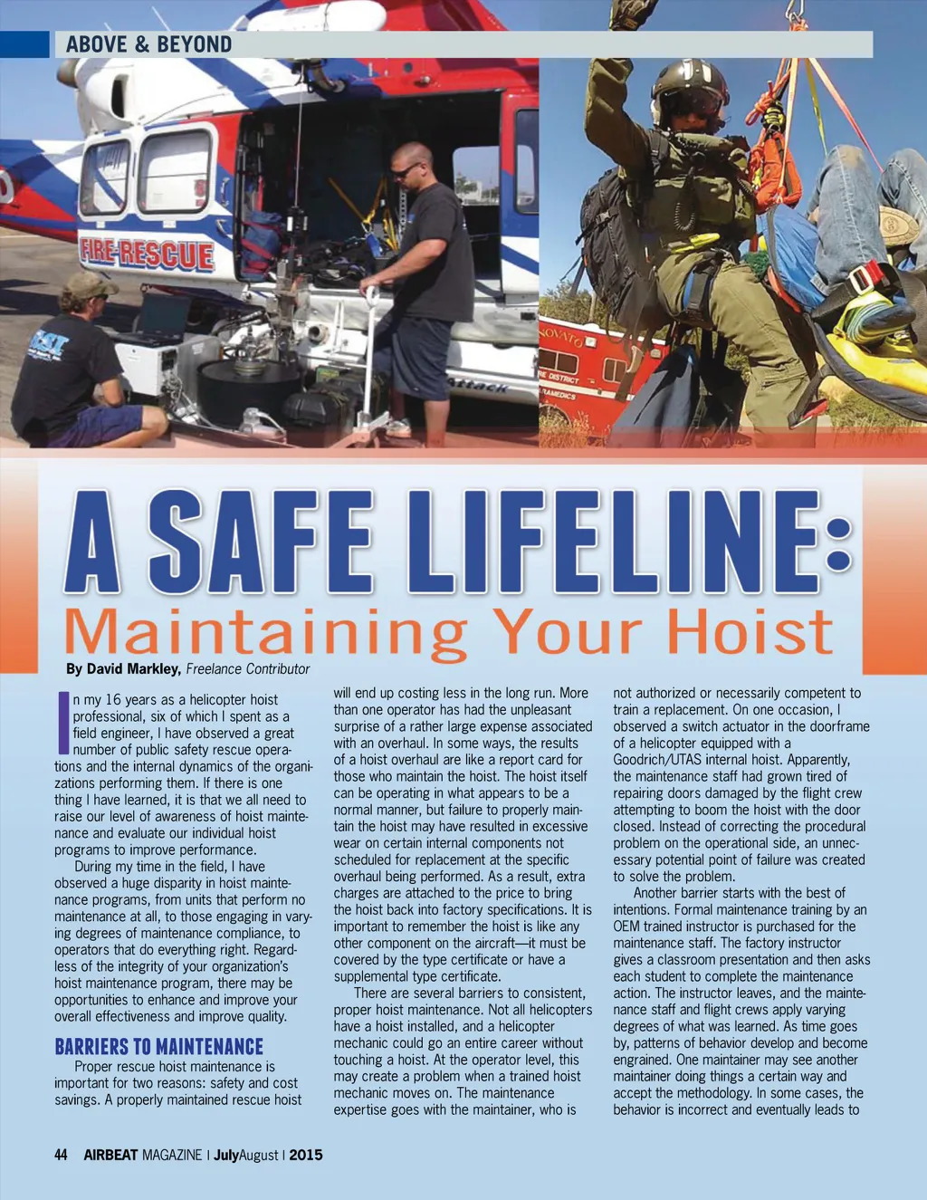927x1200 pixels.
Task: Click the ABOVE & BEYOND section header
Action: pyautogui.click(x=148, y=44)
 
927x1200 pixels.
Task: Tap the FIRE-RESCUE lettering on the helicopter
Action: pyautogui.click(x=147, y=254)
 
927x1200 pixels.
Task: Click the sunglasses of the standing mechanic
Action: pyautogui.click(x=405, y=169)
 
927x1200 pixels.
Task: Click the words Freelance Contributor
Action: pyautogui.click(x=247, y=669)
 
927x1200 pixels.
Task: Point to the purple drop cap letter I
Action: pyautogui.click(x=62, y=723)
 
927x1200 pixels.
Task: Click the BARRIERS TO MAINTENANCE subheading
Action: pyautogui.click(x=158, y=1047)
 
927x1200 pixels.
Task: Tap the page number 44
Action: pyautogui.click(x=61, y=1155)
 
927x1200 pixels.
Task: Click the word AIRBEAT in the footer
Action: pyautogui.click(x=110, y=1155)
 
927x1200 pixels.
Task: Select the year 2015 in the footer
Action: pyautogui.click(x=306, y=1155)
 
